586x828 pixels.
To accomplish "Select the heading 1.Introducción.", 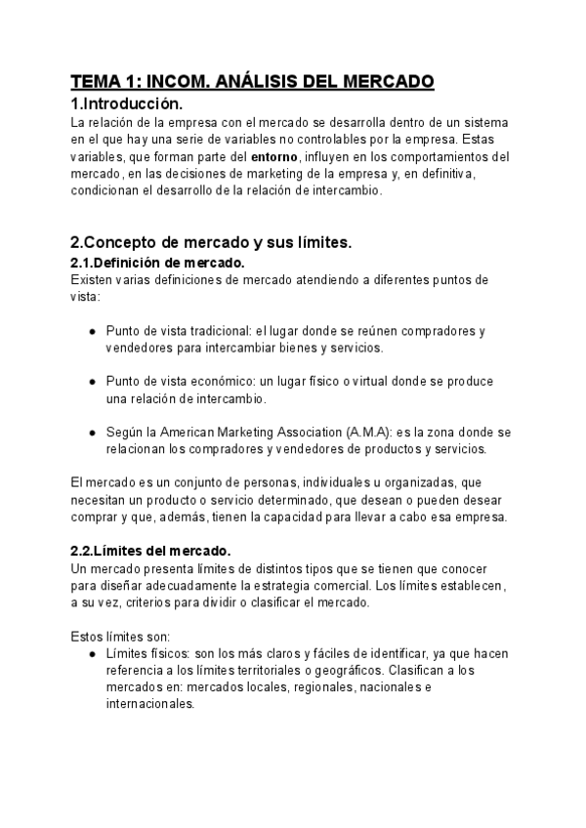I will point(127,104).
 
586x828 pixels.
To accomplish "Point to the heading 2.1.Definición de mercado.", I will point(158,263).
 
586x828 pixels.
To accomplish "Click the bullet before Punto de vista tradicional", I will point(92,330).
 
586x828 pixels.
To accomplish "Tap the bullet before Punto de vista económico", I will point(92,381).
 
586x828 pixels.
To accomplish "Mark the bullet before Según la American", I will point(92,432).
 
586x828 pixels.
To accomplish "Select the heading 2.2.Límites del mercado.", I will point(150,551).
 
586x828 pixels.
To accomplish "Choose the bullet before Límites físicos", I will point(92,653).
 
